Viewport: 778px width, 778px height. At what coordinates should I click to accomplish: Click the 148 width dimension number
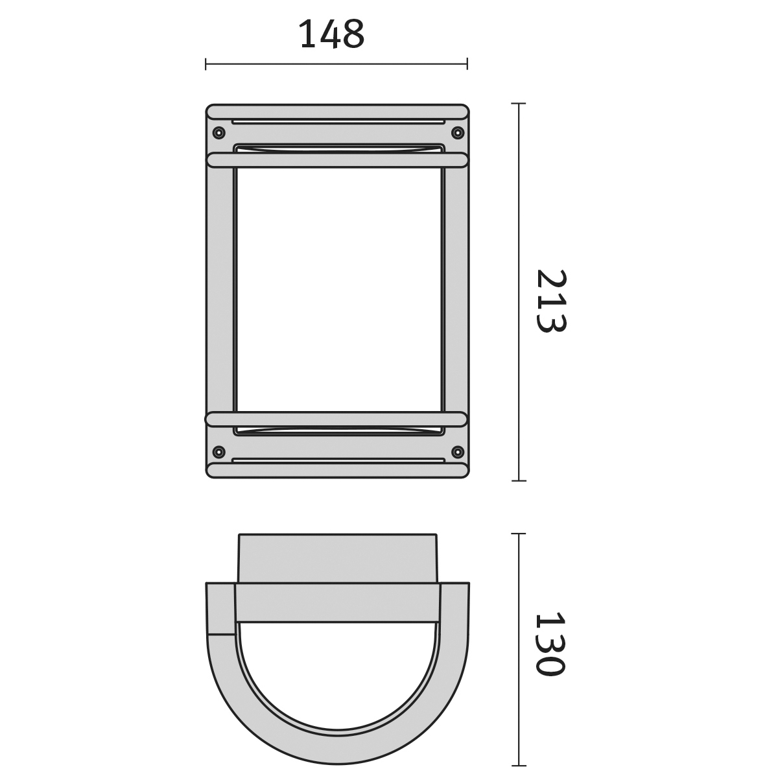click(333, 34)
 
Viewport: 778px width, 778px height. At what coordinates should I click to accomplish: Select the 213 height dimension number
click(552, 301)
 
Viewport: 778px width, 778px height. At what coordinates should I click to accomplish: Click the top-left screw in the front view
click(219, 132)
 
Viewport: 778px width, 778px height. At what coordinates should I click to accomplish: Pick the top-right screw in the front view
click(458, 132)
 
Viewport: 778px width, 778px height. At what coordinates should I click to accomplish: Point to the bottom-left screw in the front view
click(218, 451)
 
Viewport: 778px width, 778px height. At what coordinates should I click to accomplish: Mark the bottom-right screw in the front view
click(458, 451)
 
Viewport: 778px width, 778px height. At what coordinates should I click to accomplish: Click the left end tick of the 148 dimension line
click(206, 64)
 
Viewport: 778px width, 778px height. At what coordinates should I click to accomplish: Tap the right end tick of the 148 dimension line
click(467, 64)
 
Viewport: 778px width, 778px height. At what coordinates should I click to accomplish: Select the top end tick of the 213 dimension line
click(519, 104)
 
